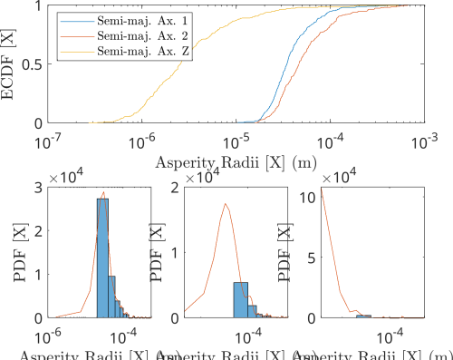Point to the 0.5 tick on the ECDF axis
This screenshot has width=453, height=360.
29,64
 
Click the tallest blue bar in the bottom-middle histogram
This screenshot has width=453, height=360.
240,299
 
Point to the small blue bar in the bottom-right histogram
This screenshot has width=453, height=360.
363,316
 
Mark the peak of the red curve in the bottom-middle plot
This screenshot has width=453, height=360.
226,205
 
